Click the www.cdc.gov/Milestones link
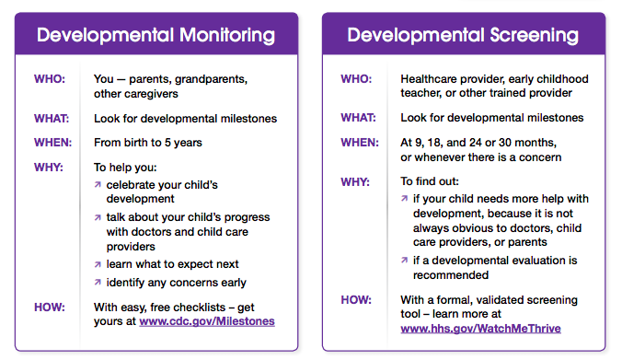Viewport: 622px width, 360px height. pyautogui.click(x=207, y=321)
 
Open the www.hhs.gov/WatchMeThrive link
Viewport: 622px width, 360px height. pyautogui.click(x=480, y=329)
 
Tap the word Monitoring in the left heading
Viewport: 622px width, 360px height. pyautogui.click(x=227, y=35)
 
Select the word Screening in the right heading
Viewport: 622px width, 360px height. pyautogui.click(x=534, y=35)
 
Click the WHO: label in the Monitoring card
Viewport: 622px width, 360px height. pyautogui.click(x=50, y=79)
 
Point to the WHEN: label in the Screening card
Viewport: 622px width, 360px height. pyautogui.click(x=360, y=143)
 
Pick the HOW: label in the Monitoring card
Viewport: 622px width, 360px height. pyautogui.click(x=50, y=308)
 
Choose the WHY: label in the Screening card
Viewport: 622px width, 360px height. pyautogui.click(x=355, y=182)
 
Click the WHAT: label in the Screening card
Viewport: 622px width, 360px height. pyautogui.click(x=358, y=118)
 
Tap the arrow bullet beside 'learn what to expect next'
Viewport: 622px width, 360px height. pyautogui.click(x=98, y=264)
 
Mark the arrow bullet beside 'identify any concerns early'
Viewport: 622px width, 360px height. pyautogui.click(x=98, y=283)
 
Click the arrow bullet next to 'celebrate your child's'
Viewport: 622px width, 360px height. pyautogui.click(x=98, y=184)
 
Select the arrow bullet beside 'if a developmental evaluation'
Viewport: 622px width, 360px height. pyautogui.click(x=404, y=261)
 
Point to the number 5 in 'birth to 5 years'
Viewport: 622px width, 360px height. pyautogui.click(x=167, y=143)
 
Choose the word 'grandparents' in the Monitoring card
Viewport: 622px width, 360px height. pyautogui.click(x=211, y=79)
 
